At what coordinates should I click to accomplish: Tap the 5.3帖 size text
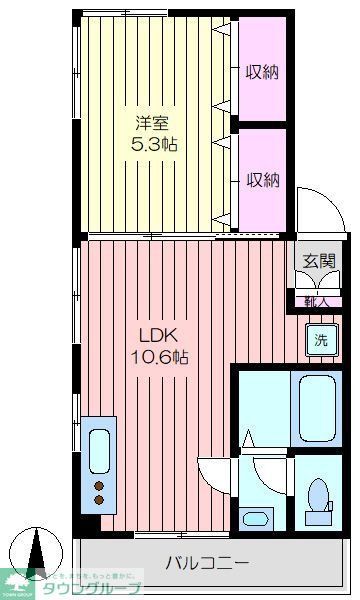click(x=155, y=144)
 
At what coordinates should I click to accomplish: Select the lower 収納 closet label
click(x=264, y=179)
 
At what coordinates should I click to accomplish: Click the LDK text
click(x=148, y=336)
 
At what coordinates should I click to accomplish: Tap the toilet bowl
click(x=318, y=497)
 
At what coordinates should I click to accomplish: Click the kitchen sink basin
click(x=100, y=450)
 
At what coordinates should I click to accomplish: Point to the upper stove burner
click(x=100, y=487)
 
